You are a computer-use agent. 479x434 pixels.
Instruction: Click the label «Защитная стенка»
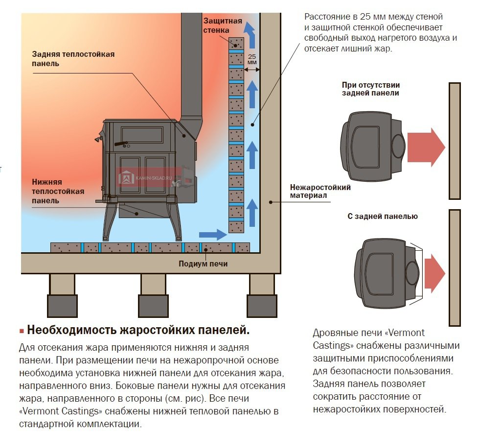[223, 25]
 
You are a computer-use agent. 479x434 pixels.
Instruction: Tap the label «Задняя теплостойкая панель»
[73, 59]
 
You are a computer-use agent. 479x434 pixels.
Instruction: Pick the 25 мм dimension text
[252, 59]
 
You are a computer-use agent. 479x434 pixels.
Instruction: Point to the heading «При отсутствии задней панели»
[370, 88]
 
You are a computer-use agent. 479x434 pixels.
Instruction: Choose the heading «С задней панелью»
[383, 216]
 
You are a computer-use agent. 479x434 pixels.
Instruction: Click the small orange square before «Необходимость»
[22, 331]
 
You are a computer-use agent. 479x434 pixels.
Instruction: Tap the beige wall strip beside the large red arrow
[455, 141]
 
